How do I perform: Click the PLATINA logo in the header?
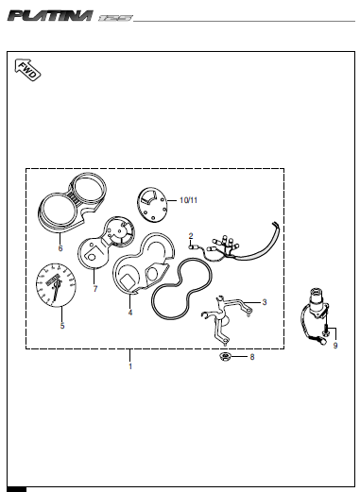(50, 16)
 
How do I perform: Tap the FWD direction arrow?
(27, 70)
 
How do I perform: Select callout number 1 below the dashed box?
(130, 366)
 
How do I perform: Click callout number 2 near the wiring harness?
(191, 236)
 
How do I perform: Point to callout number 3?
(265, 302)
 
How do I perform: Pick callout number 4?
(130, 313)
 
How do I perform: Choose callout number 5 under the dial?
(62, 326)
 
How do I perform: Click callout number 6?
(60, 248)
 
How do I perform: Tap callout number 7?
(95, 289)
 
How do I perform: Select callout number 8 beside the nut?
(252, 357)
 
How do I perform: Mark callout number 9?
(335, 346)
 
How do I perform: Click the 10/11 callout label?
(188, 200)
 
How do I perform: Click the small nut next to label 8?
(225, 357)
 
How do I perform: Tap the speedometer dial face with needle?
(56, 285)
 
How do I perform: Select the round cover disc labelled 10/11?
(152, 205)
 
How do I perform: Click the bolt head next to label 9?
(325, 331)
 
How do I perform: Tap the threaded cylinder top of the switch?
(317, 296)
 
